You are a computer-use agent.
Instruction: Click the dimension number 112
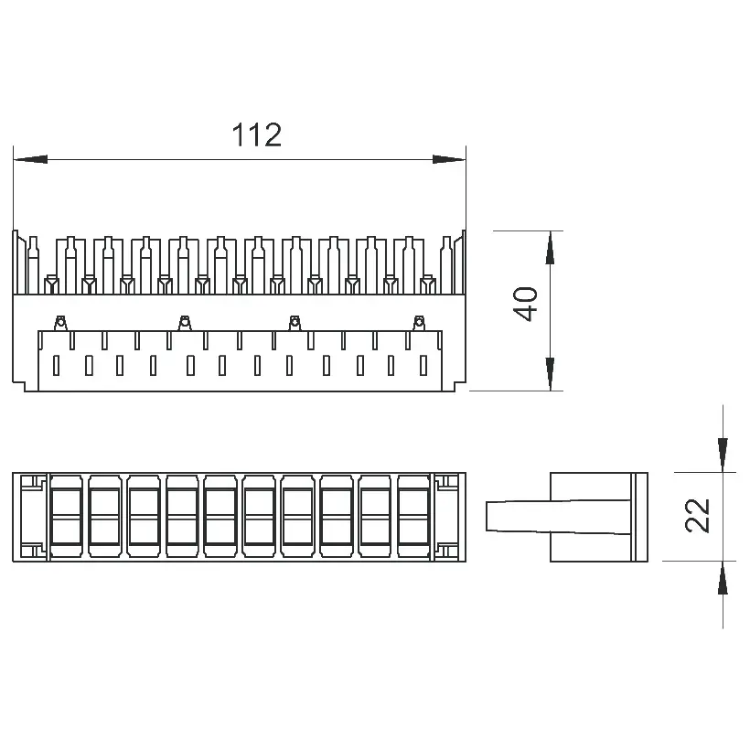257,134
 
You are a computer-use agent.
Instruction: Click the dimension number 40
525,304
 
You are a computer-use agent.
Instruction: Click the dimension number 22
697,515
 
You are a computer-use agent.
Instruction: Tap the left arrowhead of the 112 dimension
30,159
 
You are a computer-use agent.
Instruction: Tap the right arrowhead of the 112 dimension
449,159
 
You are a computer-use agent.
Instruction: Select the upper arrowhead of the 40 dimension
550,248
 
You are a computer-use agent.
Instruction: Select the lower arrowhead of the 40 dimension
550,373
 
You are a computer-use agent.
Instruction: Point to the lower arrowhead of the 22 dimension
723,578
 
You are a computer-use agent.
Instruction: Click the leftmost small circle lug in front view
60,323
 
